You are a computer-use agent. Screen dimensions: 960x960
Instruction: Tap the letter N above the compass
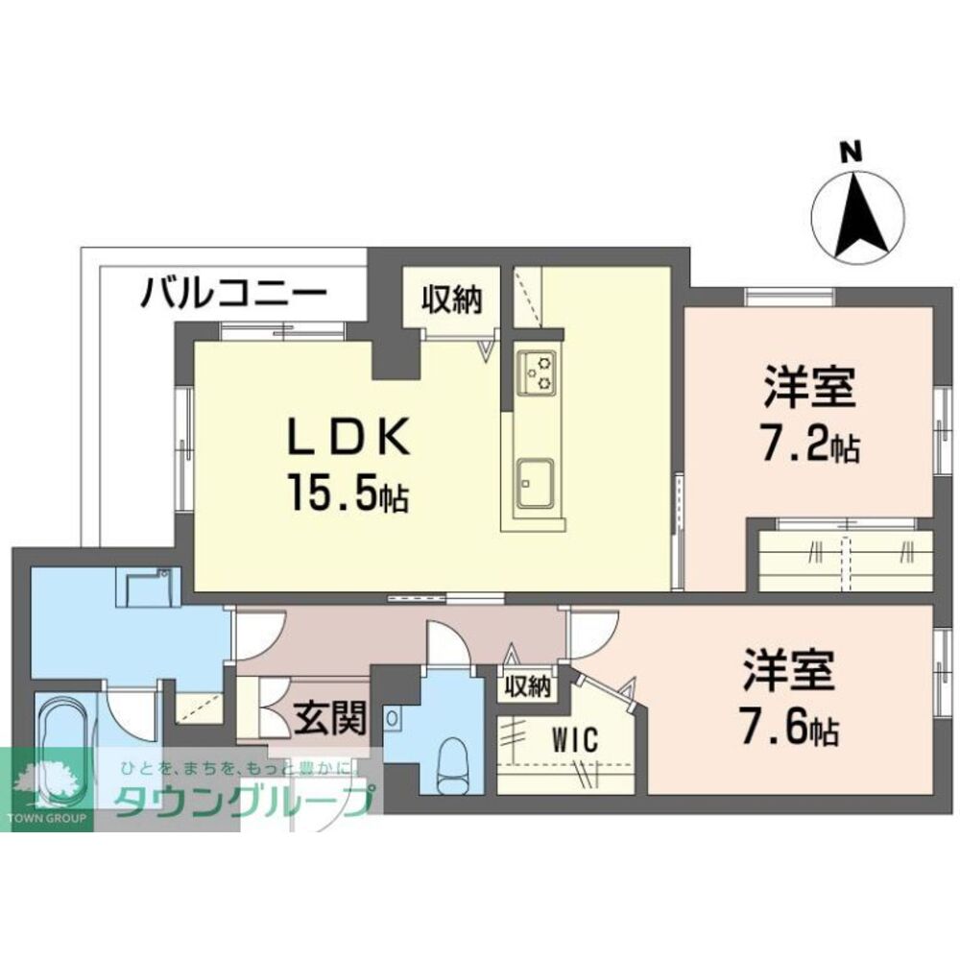849,152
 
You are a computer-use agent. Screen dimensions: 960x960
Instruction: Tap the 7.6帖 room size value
790,731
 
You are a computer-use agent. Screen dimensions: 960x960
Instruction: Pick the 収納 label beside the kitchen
450,299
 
